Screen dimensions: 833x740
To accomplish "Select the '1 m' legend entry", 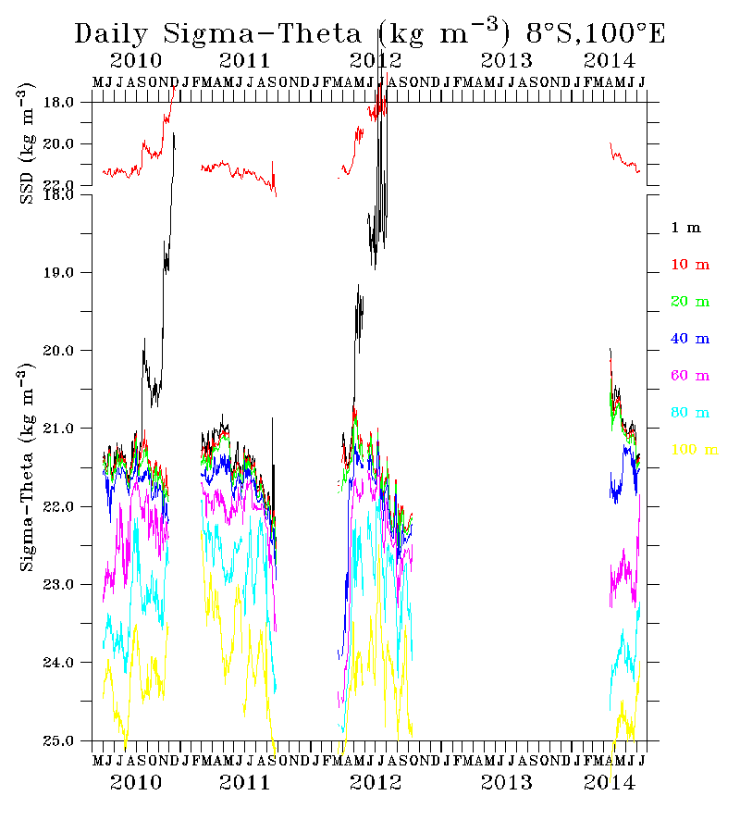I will (x=686, y=228).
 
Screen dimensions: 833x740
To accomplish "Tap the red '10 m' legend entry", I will (x=690, y=265).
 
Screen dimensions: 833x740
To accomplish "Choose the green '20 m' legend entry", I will (x=690, y=302).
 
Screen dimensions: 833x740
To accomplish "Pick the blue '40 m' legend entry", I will (x=690, y=339).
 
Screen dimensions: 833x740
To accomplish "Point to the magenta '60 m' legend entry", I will (x=690, y=376).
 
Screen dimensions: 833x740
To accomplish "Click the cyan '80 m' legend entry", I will (x=690, y=413).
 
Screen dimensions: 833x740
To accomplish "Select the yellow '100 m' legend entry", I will (x=694, y=450).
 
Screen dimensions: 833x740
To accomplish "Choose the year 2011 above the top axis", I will (x=245, y=62).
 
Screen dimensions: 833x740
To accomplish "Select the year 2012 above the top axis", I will (x=376, y=62).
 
